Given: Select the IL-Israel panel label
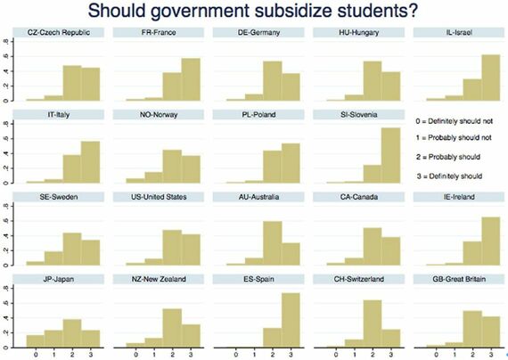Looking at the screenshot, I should (x=453, y=34).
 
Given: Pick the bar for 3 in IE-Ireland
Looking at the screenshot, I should (x=488, y=241).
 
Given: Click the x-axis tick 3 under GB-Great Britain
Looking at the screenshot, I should (x=488, y=355).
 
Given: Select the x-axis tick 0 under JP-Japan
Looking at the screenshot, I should (x=37, y=355).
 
